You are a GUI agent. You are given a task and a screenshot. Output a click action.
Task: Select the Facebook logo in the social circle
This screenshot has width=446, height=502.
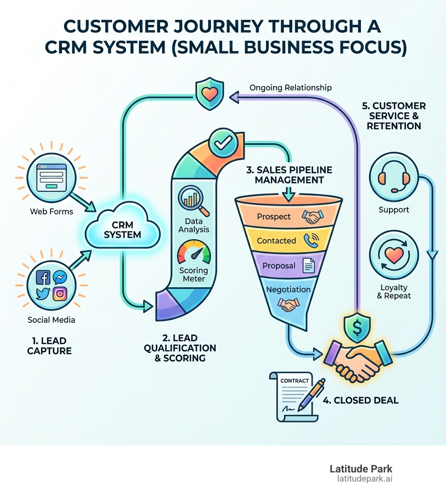coord(43,278)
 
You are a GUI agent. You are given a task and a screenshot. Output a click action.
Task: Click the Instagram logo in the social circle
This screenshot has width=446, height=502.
coord(60,294)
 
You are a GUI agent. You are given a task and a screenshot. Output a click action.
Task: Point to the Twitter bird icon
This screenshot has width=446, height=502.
coord(43,294)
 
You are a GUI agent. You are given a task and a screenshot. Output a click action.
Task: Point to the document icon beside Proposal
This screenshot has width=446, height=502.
coord(308,266)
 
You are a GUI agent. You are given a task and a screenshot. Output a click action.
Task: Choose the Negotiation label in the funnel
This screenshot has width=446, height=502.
coord(288,289)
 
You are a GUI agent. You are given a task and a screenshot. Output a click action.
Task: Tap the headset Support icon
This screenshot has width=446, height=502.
coord(394,179)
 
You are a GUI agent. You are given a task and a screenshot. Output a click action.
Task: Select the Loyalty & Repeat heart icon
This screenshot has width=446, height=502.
coord(394,256)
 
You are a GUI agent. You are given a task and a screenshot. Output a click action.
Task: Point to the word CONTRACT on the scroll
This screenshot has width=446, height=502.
coord(295,381)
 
